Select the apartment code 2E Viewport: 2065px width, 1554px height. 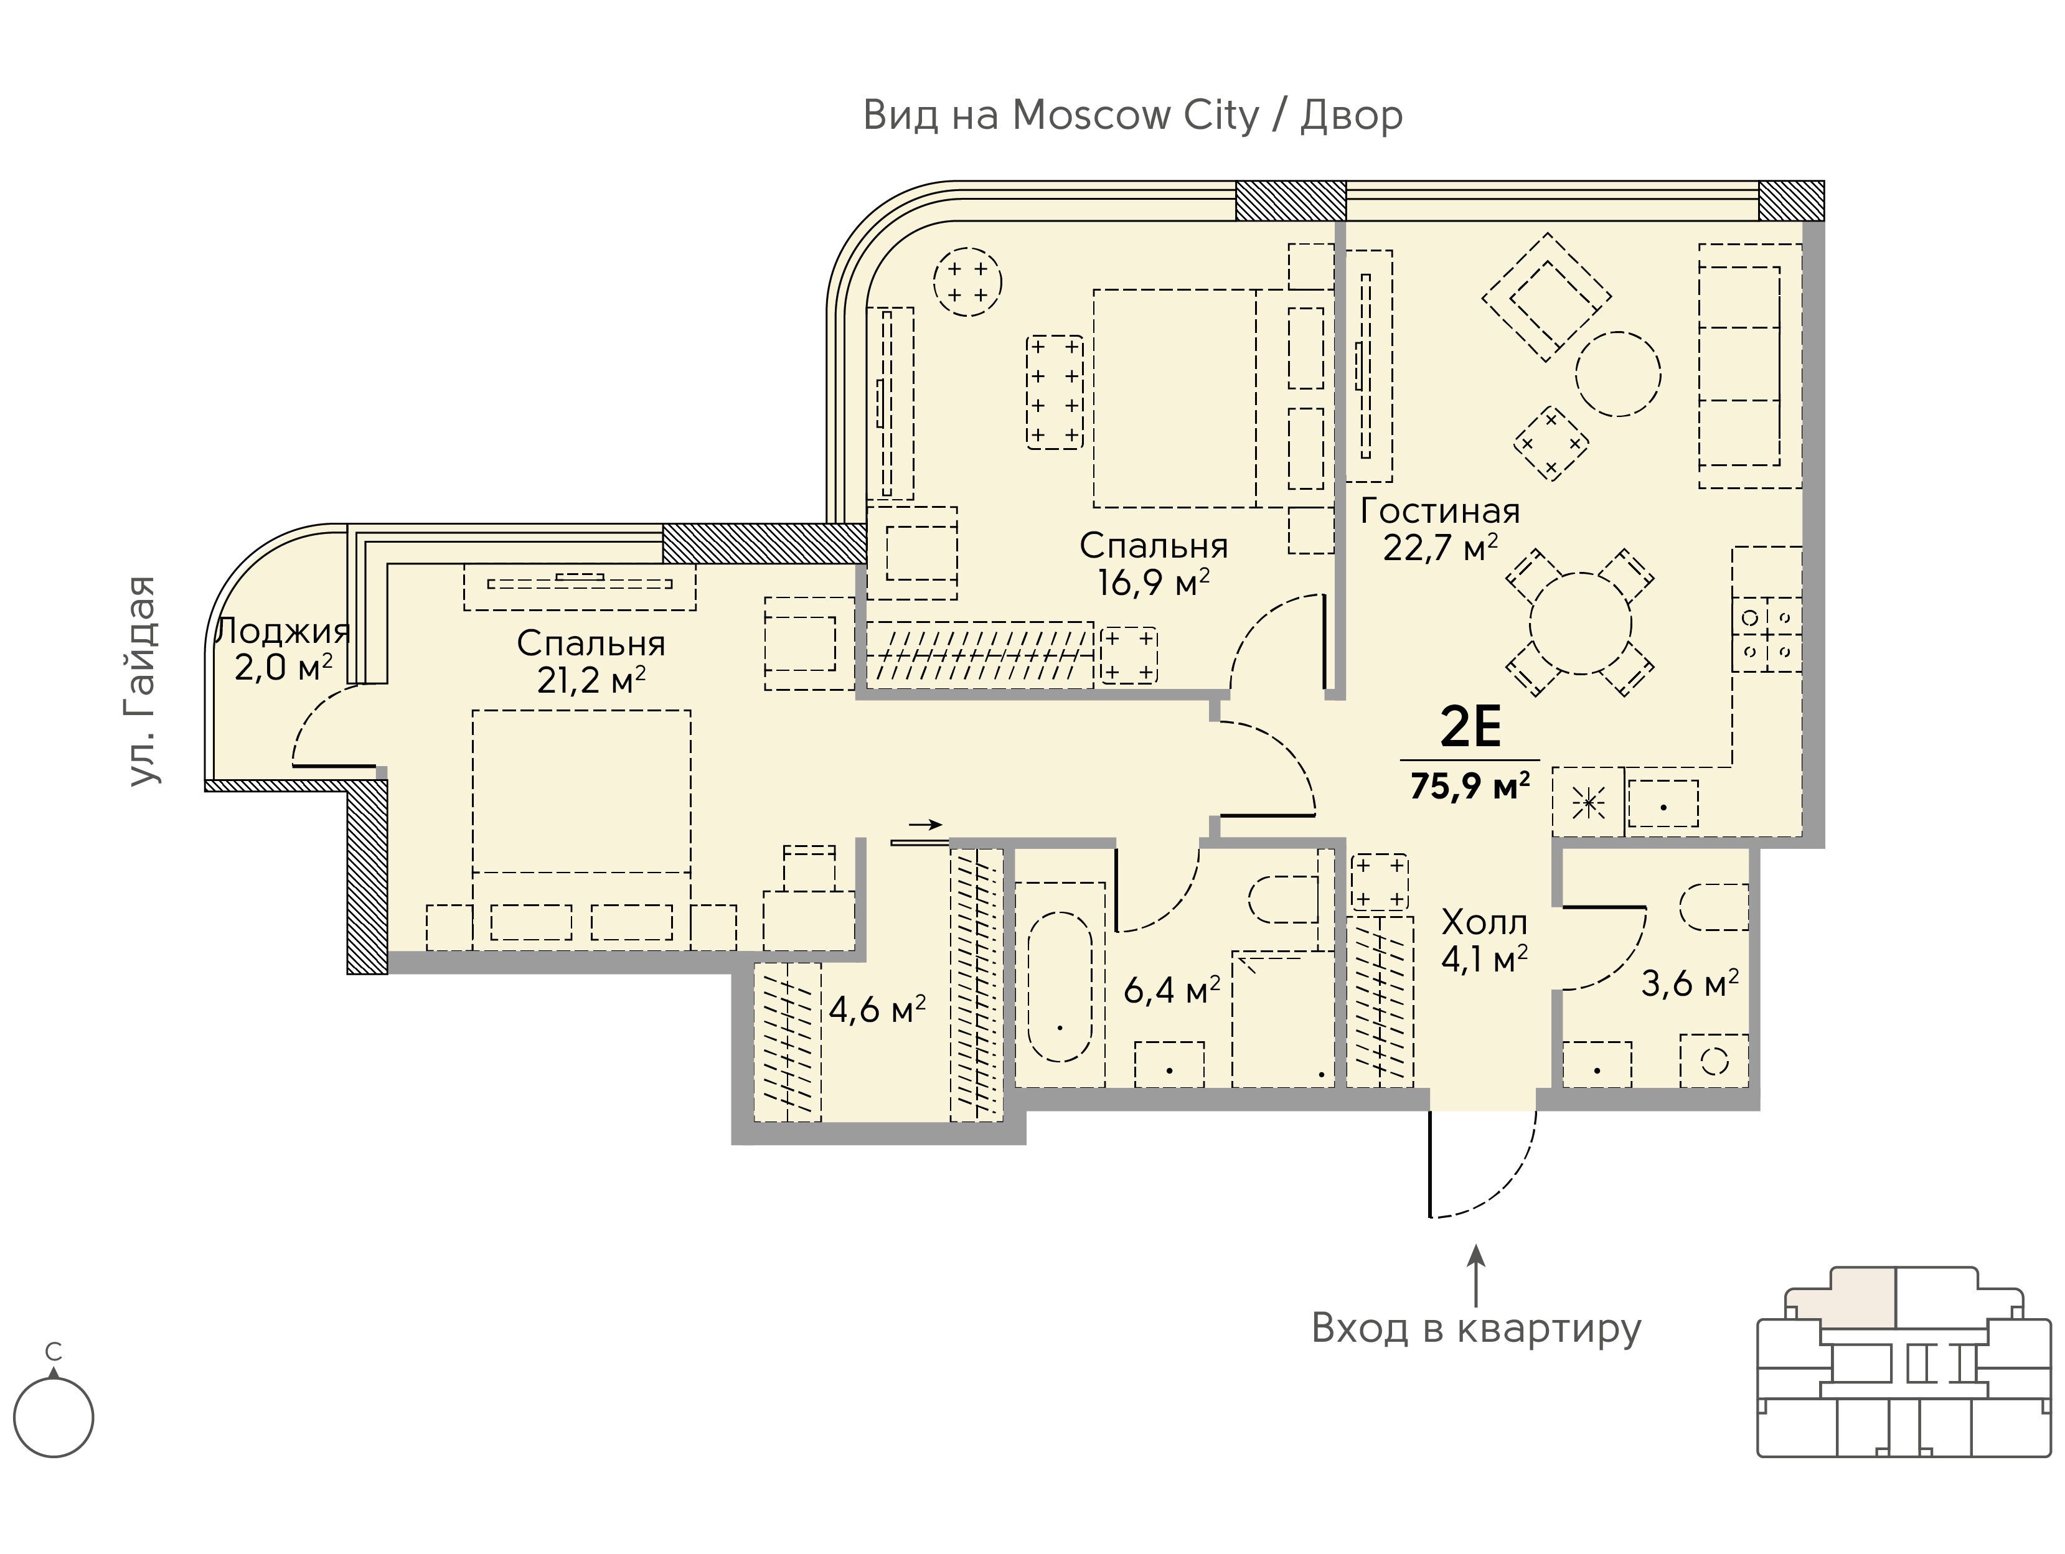(x=1470, y=727)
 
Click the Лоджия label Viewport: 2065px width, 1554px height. (x=283, y=632)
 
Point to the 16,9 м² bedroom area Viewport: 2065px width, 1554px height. (x=1154, y=583)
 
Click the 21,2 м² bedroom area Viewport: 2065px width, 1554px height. (x=591, y=680)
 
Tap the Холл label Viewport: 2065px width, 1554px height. (x=1484, y=922)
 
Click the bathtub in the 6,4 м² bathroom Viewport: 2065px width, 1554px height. (x=1060, y=986)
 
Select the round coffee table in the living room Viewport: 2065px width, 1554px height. (x=1618, y=373)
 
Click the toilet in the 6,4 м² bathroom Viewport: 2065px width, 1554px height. (x=1284, y=898)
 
